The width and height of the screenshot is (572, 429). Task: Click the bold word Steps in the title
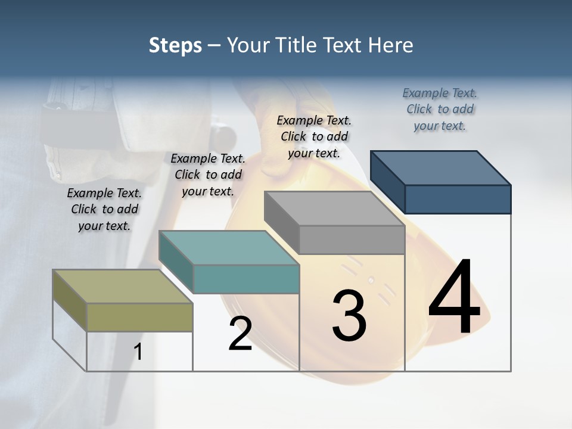[x=175, y=45]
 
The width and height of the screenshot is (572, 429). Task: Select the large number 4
[x=454, y=298]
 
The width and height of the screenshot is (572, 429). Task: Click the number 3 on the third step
[x=349, y=316]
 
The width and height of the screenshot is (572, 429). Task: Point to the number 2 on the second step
[x=240, y=334]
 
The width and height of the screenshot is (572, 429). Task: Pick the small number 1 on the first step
[x=138, y=352]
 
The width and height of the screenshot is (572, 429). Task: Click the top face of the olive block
[x=122, y=287]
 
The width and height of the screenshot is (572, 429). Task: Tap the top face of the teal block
[x=229, y=247]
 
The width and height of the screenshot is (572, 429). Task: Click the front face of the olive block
[x=139, y=317]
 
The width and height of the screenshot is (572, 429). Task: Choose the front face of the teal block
[x=246, y=279]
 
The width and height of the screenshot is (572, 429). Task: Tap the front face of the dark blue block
[x=458, y=199]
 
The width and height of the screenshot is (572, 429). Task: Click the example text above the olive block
[x=104, y=209]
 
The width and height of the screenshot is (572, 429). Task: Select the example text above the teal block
[x=208, y=175]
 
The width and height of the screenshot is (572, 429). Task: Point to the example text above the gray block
[x=314, y=136]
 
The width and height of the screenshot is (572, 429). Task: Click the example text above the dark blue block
[x=440, y=109]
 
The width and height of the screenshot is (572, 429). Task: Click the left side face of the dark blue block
[x=387, y=182]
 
